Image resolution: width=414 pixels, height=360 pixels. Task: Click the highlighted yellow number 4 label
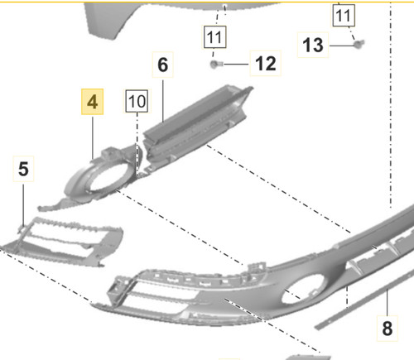pyautogui.click(x=92, y=102)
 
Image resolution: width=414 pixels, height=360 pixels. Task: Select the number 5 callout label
pyautogui.click(x=23, y=169)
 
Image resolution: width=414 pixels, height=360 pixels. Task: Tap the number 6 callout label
pyautogui.click(x=163, y=65)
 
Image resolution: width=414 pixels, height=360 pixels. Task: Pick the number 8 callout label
pyautogui.click(x=388, y=329)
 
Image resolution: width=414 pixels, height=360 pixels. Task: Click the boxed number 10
pyautogui.click(x=137, y=101)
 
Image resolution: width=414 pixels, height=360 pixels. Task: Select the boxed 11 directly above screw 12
pyautogui.click(x=214, y=37)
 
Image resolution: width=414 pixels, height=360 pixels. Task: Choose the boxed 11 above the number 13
pyautogui.click(x=344, y=16)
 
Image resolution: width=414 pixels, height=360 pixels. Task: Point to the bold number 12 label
pyautogui.click(x=266, y=64)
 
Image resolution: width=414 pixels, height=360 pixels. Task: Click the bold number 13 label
pyautogui.click(x=313, y=45)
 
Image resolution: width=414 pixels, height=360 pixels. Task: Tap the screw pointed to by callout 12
pyautogui.click(x=215, y=65)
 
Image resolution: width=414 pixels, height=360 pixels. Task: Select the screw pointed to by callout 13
pyautogui.click(x=359, y=44)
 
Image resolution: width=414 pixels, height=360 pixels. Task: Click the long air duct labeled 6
pyautogui.click(x=196, y=124)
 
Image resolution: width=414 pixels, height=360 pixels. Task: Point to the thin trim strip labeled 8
pyautogui.click(x=364, y=300)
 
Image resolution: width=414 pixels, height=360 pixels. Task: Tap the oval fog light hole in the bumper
pyautogui.click(x=303, y=289)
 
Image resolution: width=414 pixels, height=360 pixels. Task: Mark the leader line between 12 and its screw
pyautogui.click(x=236, y=65)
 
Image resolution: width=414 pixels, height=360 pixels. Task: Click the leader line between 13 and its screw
pyautogui.click(x=342, y=46)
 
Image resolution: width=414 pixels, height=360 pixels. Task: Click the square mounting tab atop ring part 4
pyautogui.click(x=109, y=152)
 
